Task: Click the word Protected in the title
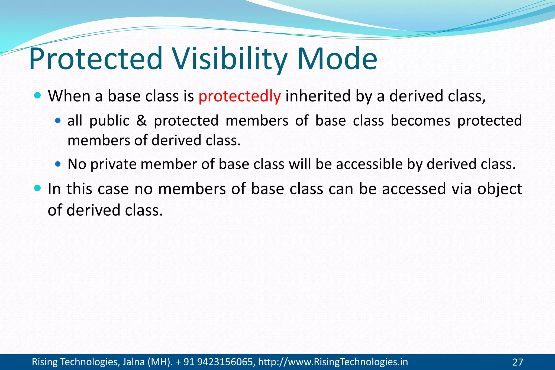point(95,59)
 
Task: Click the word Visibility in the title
point(230,59)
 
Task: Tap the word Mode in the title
point(337,59)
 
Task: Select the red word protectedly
point(240,96)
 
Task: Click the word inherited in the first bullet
point(318,96)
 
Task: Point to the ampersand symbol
point(141,121)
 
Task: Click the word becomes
point(420,121)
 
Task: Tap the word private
point(113,164)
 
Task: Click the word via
point(462,189)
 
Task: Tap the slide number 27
point(518,362)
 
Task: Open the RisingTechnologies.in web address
point(333,362)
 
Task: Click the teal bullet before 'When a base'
point(38,96)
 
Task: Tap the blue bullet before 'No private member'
point(58,164)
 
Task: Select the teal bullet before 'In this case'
point(38,188)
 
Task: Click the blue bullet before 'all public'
point(58,120)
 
